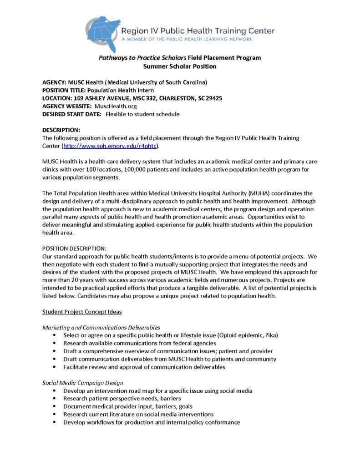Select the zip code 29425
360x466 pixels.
tap(214, 98)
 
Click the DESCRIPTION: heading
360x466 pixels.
tap(61, 130)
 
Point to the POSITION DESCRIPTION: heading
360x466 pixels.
tap(74, 248)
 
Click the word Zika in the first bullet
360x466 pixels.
tap(269, 335)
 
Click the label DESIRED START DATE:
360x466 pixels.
tap(71, 114)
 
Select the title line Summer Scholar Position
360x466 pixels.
tap(180, 66)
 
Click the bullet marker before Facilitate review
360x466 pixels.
tap(54, 367)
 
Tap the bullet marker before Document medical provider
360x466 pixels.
tap(54, 406)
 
